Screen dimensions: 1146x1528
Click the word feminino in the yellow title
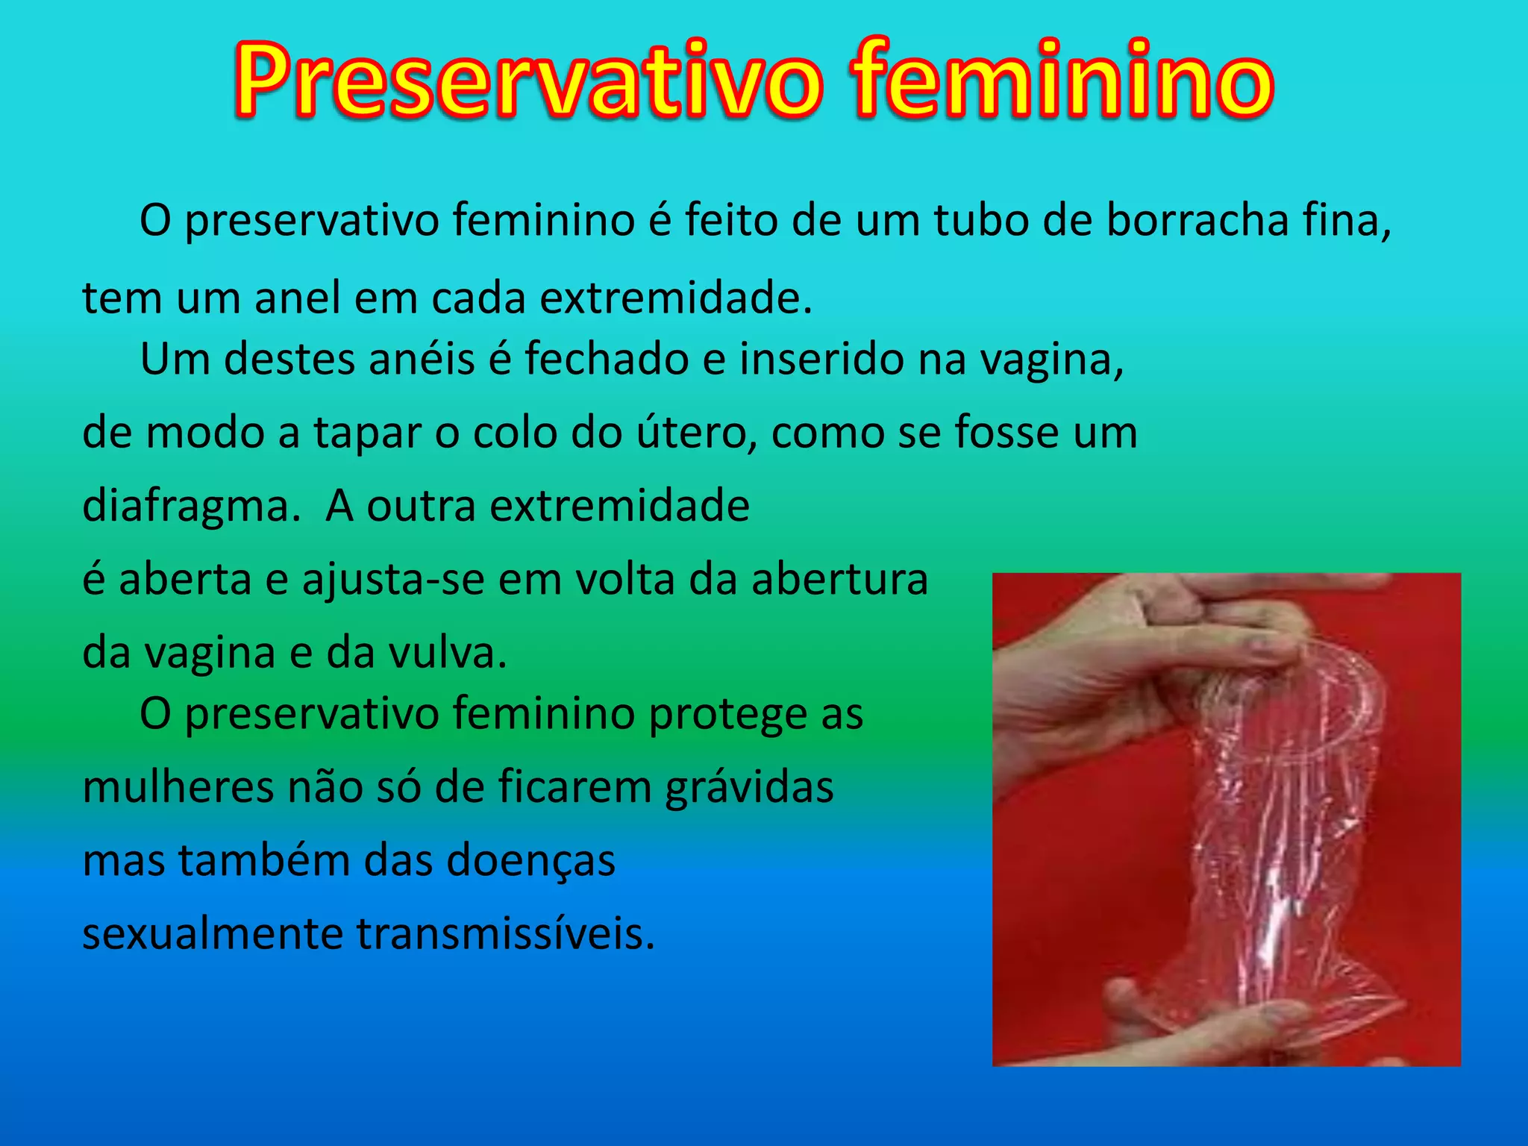click(1062, 81)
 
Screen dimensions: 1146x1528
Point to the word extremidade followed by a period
click(675, 298)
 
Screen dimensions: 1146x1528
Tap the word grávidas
click(749, 788)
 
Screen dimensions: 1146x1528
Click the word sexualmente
click(212, 934)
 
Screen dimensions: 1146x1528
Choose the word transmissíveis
click(505, 934)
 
